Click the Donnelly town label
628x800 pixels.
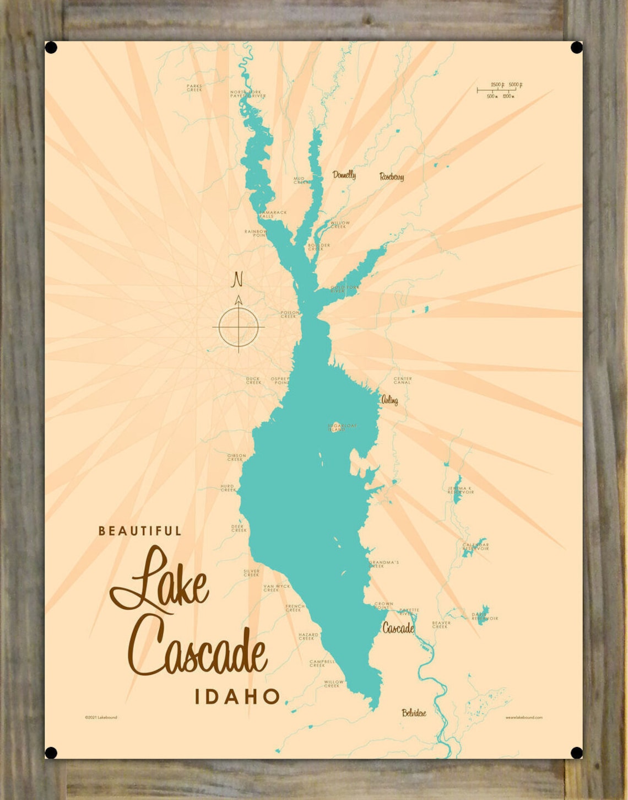tap(344, 175)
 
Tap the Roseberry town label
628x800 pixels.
tap(392, 176)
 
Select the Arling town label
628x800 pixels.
tap(389, 400)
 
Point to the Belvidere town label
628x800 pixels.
tap(414, 713)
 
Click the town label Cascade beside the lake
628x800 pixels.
tap(398, 628)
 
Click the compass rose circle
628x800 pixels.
tap(239, 327)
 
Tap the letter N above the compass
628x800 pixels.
tap(237, 280)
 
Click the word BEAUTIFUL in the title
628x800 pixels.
tap(140, 531)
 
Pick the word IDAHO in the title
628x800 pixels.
tap(237, 696)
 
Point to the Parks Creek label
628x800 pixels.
tap(194, 88)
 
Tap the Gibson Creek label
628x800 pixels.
tap(236, 457)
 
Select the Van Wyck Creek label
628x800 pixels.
tap(276, 588)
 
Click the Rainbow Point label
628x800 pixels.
tap(256, 233)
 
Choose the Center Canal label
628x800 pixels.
tap(403, 380)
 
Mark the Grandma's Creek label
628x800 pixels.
tap(383, 563)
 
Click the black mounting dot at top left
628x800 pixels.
tap(51, 48)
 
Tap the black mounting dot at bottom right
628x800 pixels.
tap(576, 753)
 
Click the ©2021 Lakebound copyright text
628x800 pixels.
tap(101, 717)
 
